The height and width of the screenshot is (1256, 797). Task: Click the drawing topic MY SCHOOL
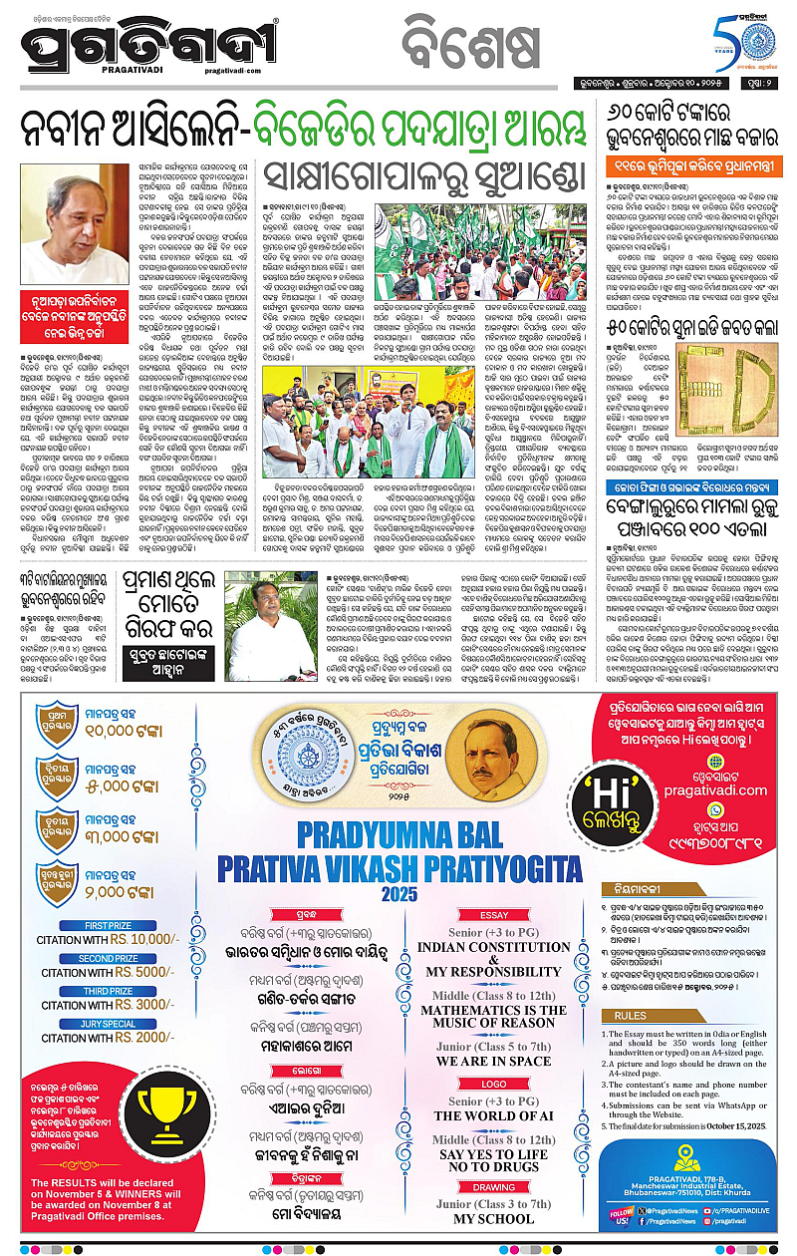pos(493,1219)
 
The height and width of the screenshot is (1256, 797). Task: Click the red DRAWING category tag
pos(493,1187)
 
